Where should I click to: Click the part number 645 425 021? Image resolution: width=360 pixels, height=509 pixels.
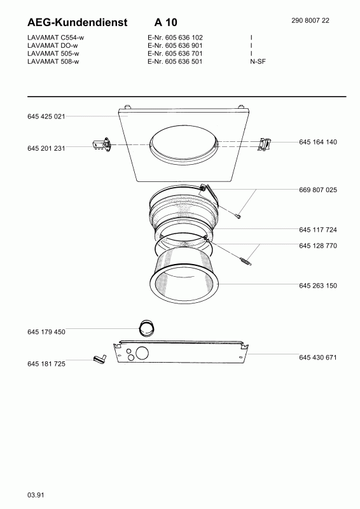(x=46, y=116)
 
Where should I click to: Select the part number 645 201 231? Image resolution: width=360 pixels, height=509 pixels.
(x=46, y=148)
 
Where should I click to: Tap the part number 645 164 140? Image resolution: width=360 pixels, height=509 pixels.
(x=318, y=142)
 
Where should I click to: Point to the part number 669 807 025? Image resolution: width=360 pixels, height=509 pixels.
(x=318, y=190)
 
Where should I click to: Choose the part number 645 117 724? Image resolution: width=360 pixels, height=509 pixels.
(x=318, y=230)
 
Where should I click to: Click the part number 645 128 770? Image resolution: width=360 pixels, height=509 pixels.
(x=318, y=246)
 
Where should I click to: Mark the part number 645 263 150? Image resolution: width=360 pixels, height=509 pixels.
(x=318, y=286)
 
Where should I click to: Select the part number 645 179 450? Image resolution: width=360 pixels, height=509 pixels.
(x=46, y=331)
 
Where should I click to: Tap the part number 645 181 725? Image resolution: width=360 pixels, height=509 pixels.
(x=46, y=364)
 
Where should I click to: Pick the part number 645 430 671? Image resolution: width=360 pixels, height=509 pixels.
(x=318, y=358)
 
